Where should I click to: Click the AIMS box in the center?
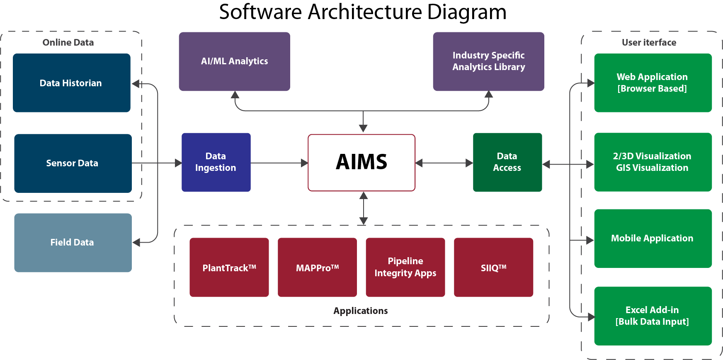[361, 162]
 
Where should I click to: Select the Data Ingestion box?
[216, 162]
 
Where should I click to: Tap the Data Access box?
[507, 162]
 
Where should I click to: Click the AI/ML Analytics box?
[234, 61]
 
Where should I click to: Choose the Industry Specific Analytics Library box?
[488, 61]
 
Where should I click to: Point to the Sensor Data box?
[73, 163]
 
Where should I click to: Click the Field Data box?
[73, 242]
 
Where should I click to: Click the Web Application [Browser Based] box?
[653, 83]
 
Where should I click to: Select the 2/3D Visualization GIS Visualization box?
[653, 162]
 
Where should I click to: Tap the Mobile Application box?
[653, 238]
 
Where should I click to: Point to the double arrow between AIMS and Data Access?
[444, 163]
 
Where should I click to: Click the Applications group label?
[361, 311]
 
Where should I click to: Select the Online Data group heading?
[68, 42]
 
